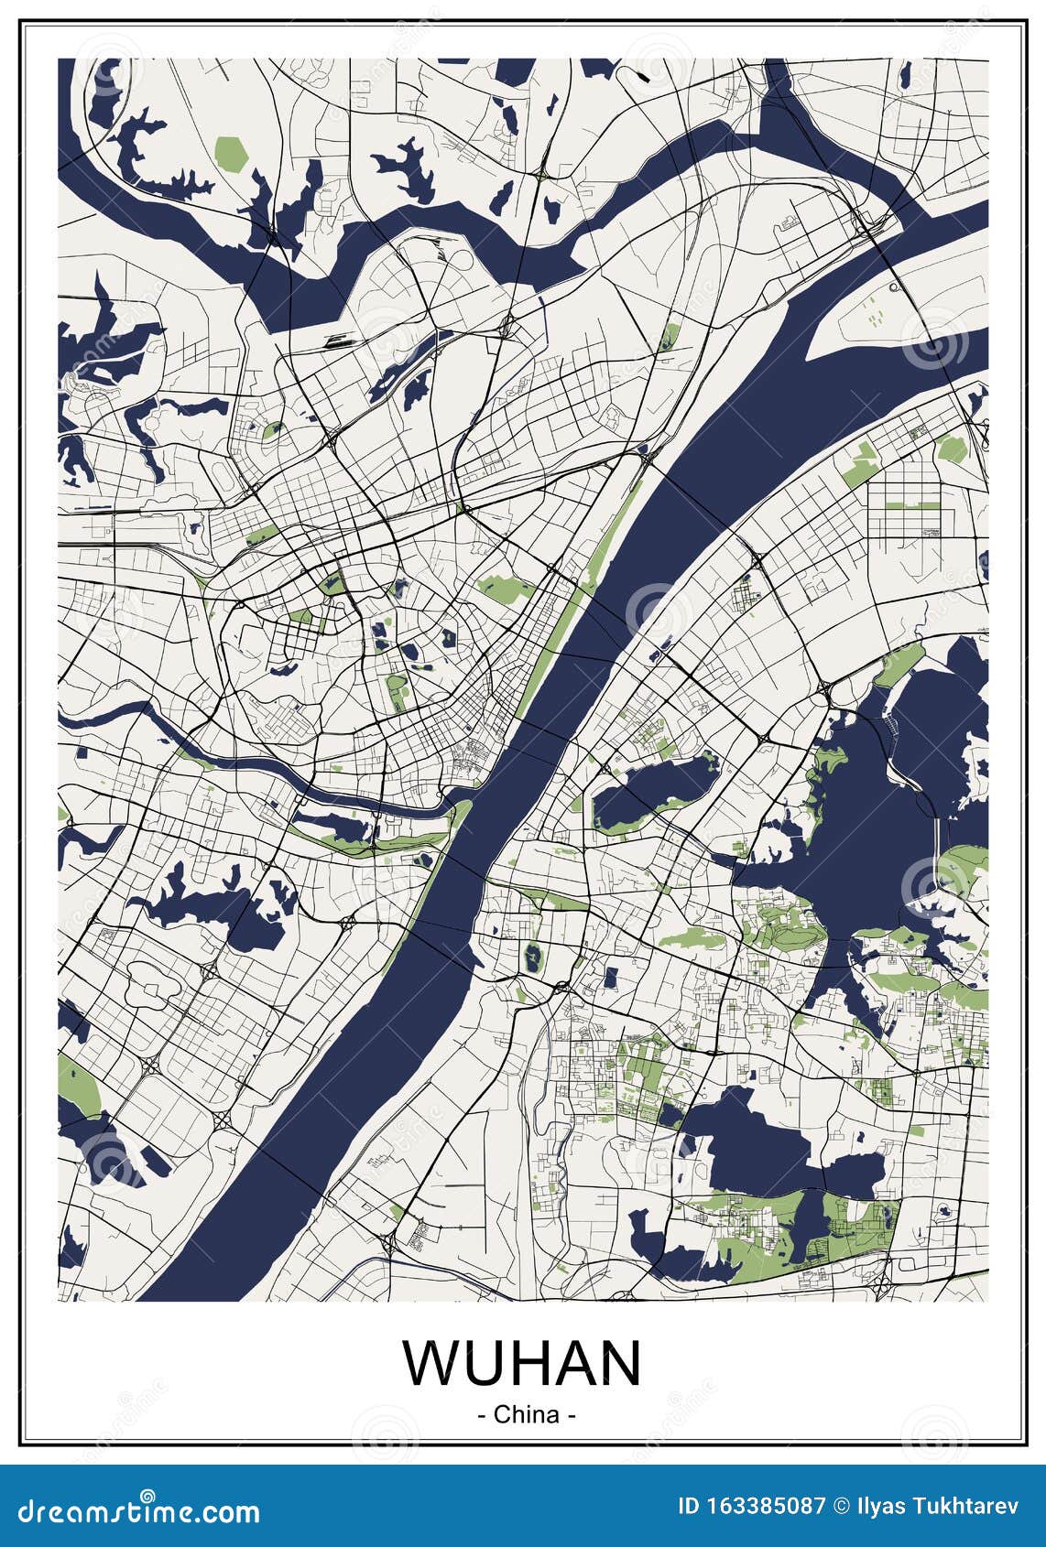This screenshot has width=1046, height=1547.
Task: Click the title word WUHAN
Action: (522, 1362)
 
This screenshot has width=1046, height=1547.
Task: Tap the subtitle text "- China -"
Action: (527, 1414)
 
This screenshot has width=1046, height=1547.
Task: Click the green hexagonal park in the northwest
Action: (231, 153)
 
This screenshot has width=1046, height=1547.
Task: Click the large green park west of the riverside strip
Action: (501, 588)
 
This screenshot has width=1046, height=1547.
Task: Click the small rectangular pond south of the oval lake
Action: (610, 978)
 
